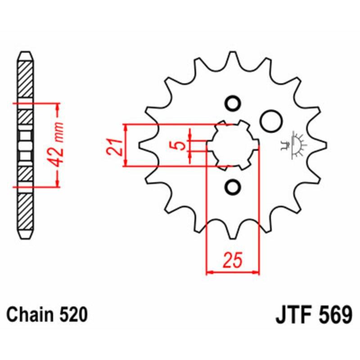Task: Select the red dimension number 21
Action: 114,146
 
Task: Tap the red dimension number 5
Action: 179,145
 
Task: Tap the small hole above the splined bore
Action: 233,103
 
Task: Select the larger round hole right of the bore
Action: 271,121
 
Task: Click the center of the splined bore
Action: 233,145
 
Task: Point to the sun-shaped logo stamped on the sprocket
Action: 297,144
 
